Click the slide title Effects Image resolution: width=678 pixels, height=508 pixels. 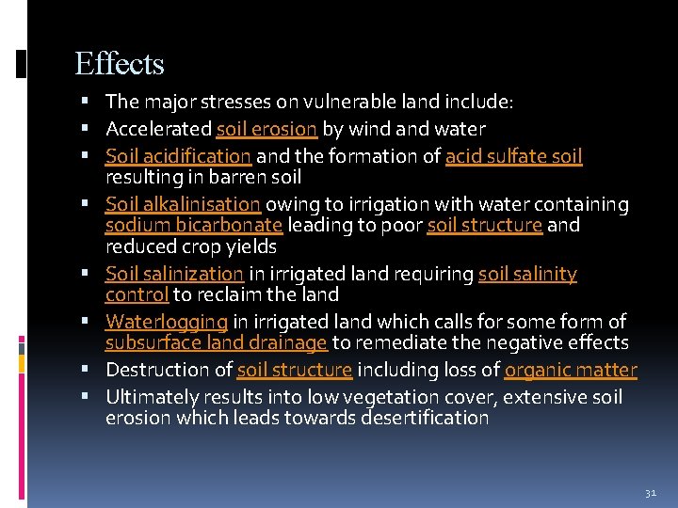(x=120, y=64)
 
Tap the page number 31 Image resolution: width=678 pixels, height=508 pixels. (x=649, y=492)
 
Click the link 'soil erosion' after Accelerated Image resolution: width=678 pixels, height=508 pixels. (x=266, y=129)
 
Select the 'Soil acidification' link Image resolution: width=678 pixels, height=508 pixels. (x=178, y=156)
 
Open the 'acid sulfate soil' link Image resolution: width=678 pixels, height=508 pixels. (x=513, y=156)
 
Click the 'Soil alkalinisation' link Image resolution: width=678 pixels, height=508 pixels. (x=183, y=204)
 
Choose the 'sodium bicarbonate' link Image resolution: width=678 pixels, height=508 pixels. (x=193, y=226)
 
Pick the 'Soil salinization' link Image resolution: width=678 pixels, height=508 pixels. (x=174, y=274)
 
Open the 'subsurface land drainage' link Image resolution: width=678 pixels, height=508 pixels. (x=216, y=343)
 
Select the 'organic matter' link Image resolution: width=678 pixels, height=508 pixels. (x=571, y=371)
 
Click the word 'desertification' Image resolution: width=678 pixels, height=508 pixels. (x=425, y=419)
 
